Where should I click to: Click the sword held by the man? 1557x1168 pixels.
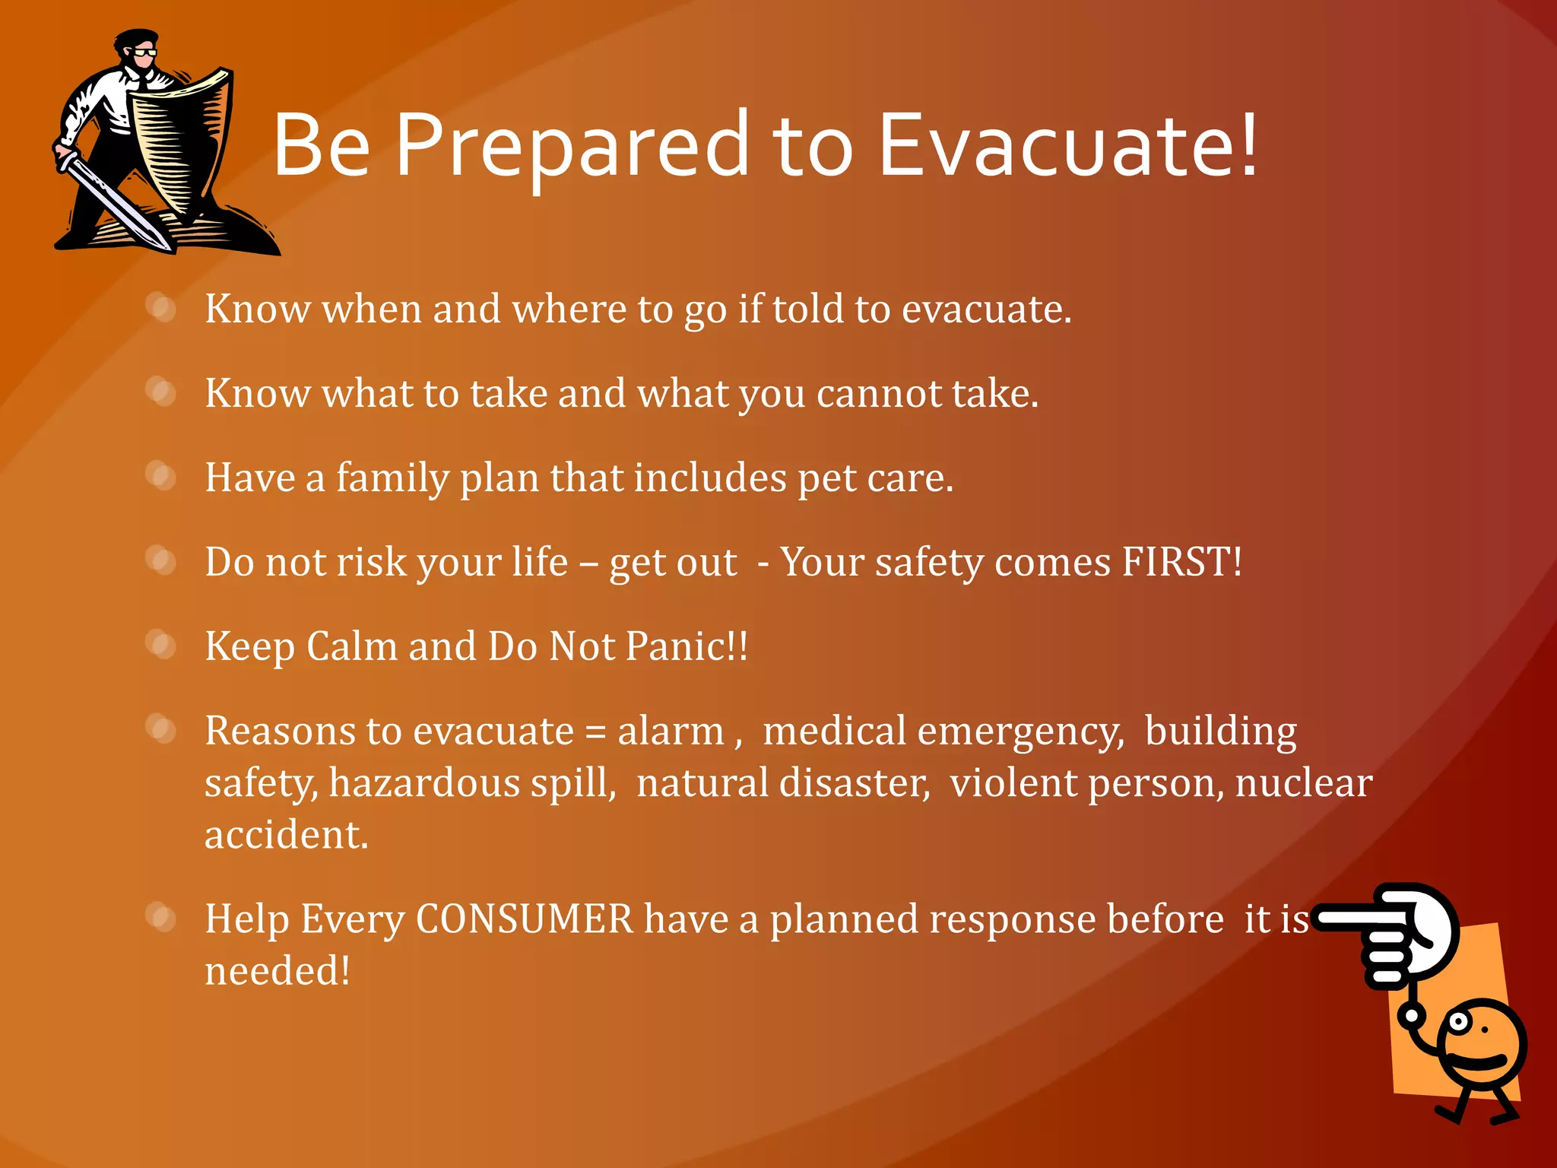114,202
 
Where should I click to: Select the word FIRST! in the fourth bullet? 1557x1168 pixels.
1181,562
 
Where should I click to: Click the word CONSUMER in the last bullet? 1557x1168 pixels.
525,919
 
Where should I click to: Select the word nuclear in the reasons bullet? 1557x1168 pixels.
1303,783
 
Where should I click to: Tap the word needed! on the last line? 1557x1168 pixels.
277,971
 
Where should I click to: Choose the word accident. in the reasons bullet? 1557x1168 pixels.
286,835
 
